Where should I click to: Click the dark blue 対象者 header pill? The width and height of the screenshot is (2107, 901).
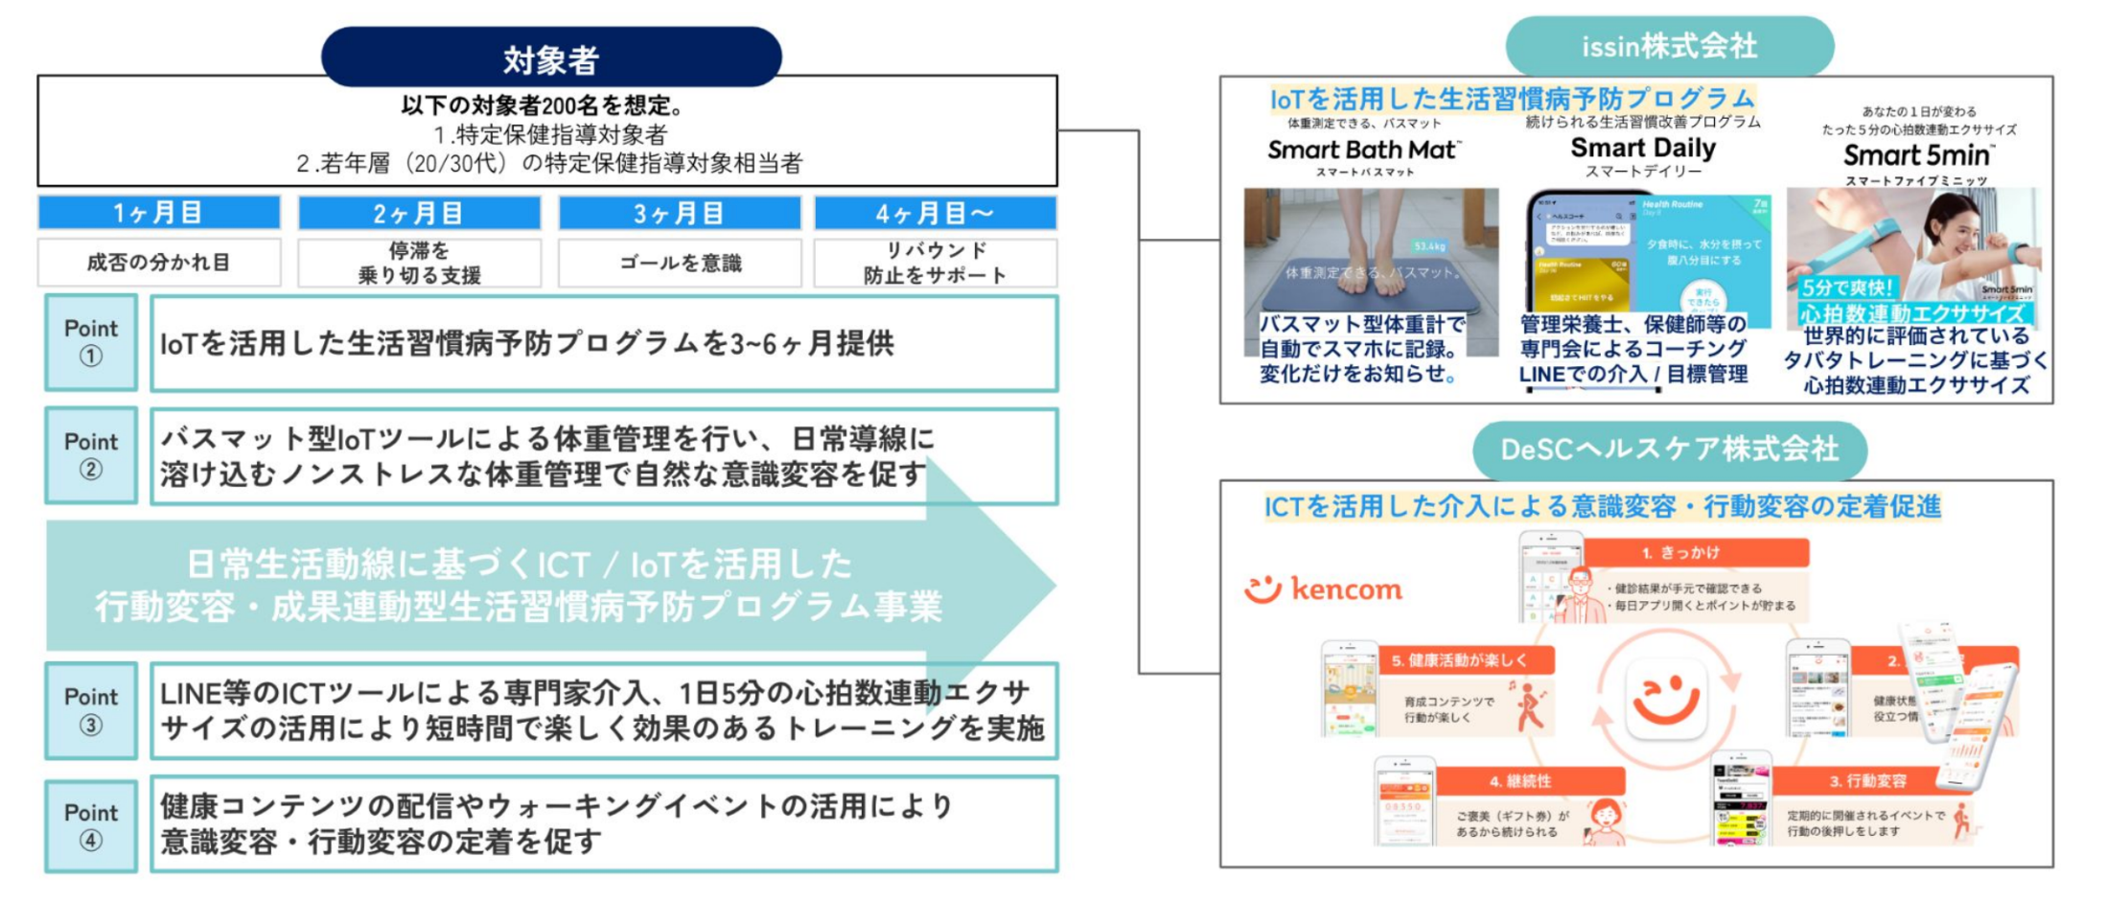point(551,58)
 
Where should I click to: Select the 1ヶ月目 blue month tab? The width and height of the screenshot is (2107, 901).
point(159,213)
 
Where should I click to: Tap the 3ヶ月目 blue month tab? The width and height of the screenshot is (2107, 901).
point(679,213)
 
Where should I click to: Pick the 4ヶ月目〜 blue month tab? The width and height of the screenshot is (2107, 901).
point(935,213)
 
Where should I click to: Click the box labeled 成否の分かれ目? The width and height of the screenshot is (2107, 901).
point(159,263)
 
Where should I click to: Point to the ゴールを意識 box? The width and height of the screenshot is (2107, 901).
point(680,263)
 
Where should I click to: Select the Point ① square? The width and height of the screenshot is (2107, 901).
point(91,342)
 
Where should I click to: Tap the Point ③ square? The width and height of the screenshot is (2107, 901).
point(91,710)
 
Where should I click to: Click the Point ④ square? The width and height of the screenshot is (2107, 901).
point(91,825)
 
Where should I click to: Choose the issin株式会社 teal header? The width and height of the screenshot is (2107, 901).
point(1669,46)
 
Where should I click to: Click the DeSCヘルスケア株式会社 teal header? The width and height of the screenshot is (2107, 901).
point(1669,449)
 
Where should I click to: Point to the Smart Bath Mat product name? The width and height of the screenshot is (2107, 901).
point(1363,150)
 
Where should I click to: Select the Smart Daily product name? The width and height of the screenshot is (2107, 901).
point(1643,149)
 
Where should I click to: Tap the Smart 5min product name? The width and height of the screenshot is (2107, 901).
point(1917,155)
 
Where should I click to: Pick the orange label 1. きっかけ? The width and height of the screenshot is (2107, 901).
point(1694,553)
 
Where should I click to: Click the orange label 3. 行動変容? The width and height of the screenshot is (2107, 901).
point(1867,781)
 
